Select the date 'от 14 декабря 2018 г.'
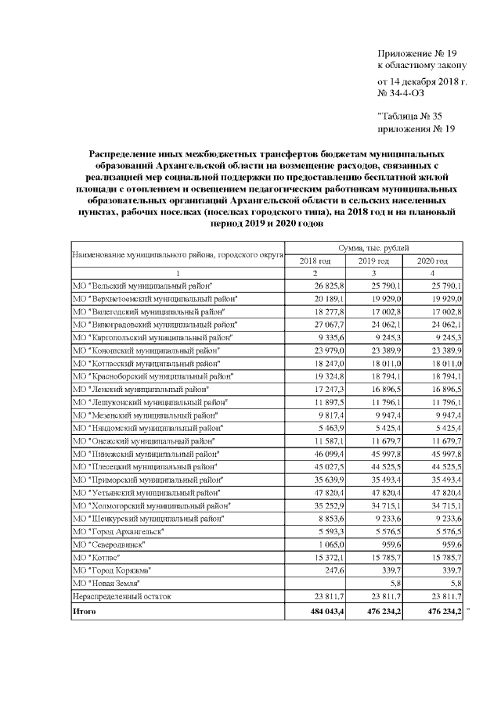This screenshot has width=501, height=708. click(422, 81)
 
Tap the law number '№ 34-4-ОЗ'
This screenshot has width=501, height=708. click(401, 94)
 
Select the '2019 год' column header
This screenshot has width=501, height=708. click(374, 261)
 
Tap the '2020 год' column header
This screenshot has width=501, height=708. click(432, 261)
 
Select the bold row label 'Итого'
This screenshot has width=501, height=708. click(84, 610)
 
